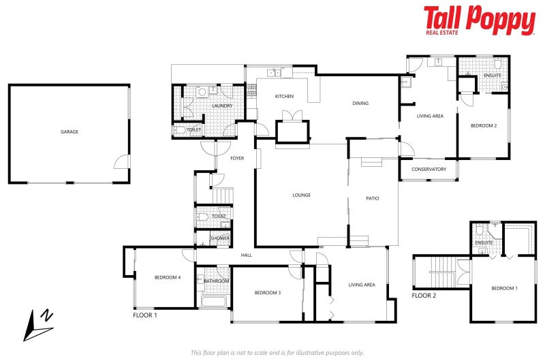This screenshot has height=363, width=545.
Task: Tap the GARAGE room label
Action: click(x=69, y=131)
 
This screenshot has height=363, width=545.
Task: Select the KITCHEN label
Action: click(x=284, y=97)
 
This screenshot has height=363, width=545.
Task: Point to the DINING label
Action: click(x=360, y=104)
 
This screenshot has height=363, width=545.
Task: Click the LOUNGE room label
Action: click(x=302, y=195)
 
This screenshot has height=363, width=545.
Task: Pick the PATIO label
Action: click(x=372, y=198)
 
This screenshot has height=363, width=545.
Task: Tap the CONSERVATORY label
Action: click(x=429, y=169)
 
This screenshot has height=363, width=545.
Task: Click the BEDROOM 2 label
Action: click(x=484, y=126)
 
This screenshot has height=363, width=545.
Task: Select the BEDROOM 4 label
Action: click(x=167, y=277)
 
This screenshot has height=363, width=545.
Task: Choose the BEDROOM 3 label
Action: click(x=268, y=293)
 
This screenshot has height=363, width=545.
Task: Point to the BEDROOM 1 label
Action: click(x=505, y=288)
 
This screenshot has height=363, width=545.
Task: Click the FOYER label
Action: click(x=237, y=158)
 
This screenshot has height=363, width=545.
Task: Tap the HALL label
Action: click(x=247, y=255)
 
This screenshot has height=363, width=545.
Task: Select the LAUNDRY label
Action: click(x=223, y=106)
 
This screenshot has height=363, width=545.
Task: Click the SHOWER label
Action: click(x=220, y=238)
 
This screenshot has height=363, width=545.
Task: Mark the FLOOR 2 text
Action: click(x=424, y=296)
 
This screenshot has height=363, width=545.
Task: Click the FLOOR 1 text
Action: click(x=145, y=316)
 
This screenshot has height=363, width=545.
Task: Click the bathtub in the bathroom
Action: click(x=215, y=301)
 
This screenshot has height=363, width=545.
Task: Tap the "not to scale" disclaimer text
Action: click(x=277, y=352)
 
